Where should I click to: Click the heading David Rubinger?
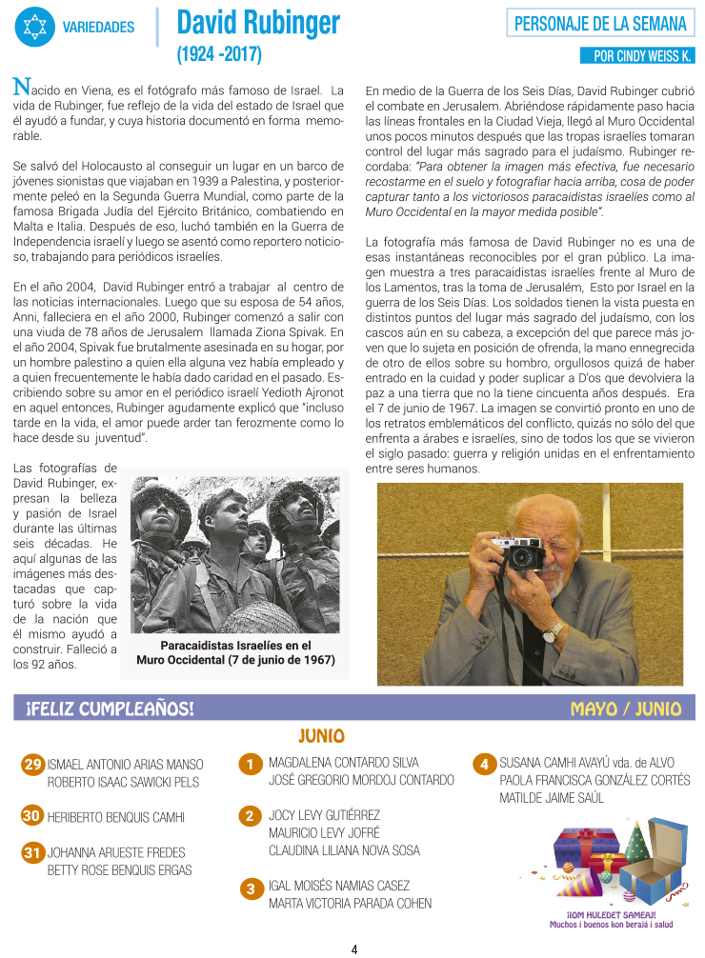258,22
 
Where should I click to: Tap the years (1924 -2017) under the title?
218,54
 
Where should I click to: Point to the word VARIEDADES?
98,27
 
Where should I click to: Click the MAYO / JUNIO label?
625,709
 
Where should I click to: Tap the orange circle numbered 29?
32,765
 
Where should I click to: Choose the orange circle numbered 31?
32,852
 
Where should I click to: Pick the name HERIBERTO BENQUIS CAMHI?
116,817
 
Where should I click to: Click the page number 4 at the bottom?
353,948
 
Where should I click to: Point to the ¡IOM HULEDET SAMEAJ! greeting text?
611,914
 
